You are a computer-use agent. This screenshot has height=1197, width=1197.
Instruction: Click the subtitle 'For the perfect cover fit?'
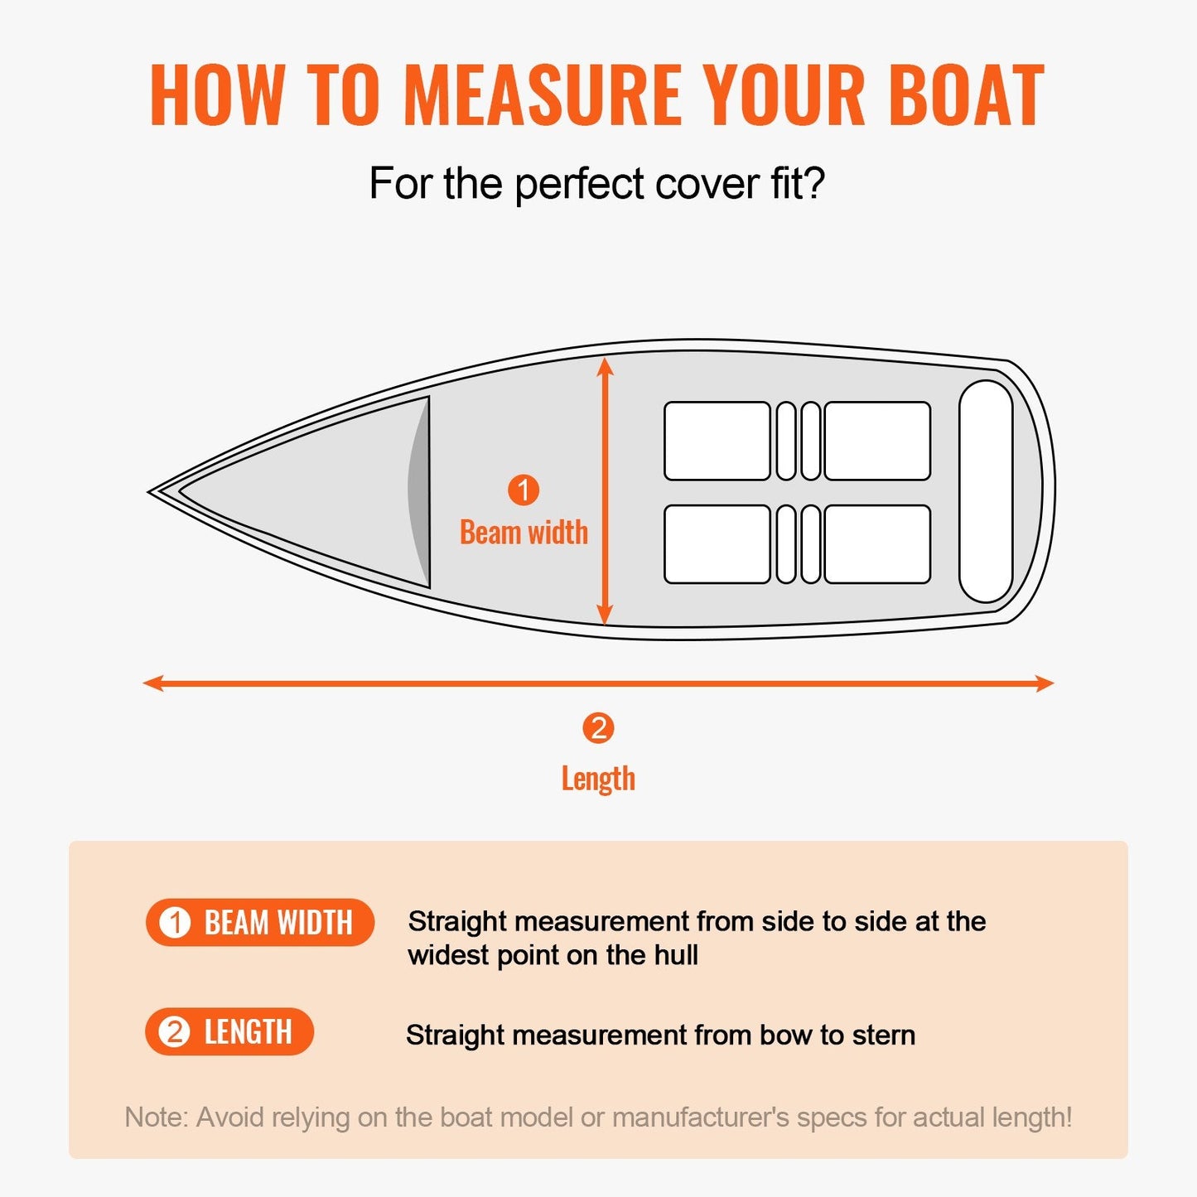tap(596, 183)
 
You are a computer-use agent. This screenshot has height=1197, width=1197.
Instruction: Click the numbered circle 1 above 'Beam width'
tap(524, 490)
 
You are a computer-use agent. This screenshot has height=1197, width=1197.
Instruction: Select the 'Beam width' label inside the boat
tap(524, 533)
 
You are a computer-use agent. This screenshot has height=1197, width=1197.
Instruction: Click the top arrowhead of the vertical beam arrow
tap(606, 366)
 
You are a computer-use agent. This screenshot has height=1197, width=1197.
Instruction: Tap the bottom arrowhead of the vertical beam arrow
tap(606, 616)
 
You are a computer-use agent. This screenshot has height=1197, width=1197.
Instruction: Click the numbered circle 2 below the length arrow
tap(598, 728)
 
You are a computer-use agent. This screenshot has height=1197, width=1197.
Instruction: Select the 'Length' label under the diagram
tap(598, 779)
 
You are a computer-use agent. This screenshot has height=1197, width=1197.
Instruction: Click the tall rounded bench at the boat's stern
tap(986, 491)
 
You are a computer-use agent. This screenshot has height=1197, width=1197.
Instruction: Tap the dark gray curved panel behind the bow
tap(419, 492)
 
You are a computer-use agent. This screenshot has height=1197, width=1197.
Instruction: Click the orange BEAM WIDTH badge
tap(259, 922)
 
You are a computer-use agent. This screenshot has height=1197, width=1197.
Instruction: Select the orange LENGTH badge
tap(229, 1031)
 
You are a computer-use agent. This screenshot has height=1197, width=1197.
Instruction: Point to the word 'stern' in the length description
tap(883, 1035)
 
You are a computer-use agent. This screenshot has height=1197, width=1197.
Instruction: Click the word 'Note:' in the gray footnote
tap(157, 1117)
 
